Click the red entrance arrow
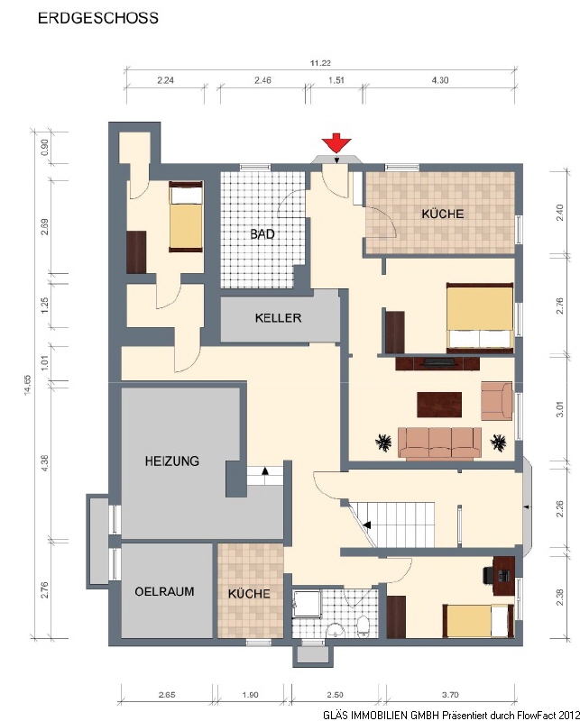(336, 143)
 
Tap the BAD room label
(262, 234)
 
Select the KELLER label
(278, 318)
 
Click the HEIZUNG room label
(172, 461)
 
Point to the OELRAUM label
(164, 591)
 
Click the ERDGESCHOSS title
(98, 18)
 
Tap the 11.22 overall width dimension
(320, 63)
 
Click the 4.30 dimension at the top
(440, 80)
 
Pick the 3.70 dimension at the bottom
(450, 695)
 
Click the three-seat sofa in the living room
(439, 443)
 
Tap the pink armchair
(497, 400)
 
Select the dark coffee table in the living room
(439, 405)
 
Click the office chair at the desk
(489, 575)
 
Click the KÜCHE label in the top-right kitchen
(443, 214)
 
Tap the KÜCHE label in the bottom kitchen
(249, 594)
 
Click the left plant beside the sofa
(383, 443)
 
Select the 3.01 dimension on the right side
(560, 410)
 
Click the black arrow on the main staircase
(367, 525)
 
